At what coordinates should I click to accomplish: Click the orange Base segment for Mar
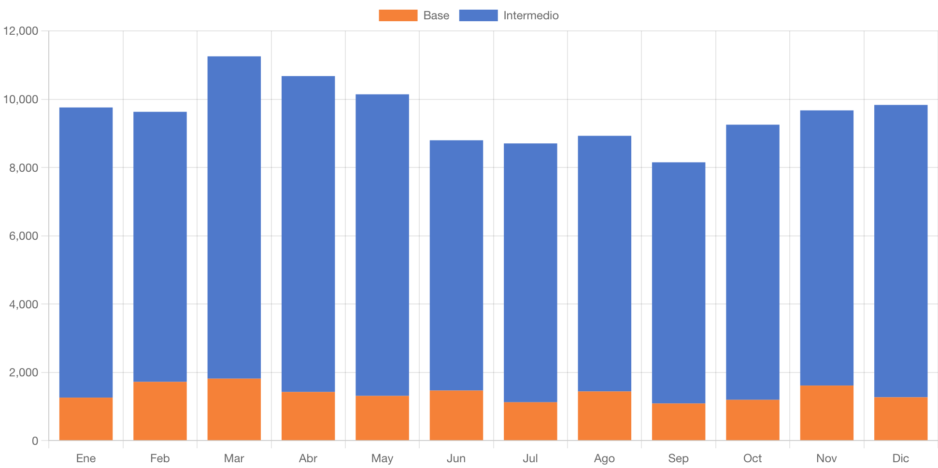click(x=234, y=409)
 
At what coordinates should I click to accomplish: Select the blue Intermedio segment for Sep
click(x=678, y=282)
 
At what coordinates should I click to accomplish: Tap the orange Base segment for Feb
click(x=160, y=411)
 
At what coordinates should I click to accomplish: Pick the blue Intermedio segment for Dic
click(x=901, y=251)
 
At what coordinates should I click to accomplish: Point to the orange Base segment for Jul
click(x=530, y=421)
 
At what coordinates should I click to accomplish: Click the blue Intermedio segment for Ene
click(x=86, y=252)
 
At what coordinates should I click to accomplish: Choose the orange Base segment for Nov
click(x=826, y=413)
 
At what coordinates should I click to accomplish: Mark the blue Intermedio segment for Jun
click(x=456, y=265)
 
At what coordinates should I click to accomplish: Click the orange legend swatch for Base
click(x=398, y=15)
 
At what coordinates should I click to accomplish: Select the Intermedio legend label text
click(x=531, y=15)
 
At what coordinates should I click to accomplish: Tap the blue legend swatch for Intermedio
click(x=478, y=15)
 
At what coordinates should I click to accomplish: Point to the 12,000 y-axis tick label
click(x=21, y=31)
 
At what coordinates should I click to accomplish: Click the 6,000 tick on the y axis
click(x=24, y=236)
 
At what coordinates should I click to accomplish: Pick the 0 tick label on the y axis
click(x=35, y=440)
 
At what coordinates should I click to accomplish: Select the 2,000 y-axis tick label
click(x=24, y=372)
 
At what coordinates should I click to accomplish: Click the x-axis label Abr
click(x=308, y=458)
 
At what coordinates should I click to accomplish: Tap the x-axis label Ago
click(x=604, y=458)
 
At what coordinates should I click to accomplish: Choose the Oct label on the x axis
click(x=753, y=458)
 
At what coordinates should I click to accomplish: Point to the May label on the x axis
click(x=382, y=458)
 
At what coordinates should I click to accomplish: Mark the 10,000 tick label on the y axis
click(x=21, y=99)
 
